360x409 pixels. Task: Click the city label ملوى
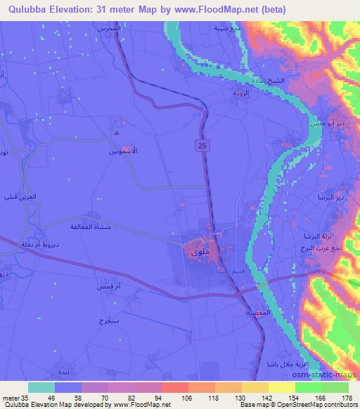coord(198,250)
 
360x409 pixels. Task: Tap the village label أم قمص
coord(109,287)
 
